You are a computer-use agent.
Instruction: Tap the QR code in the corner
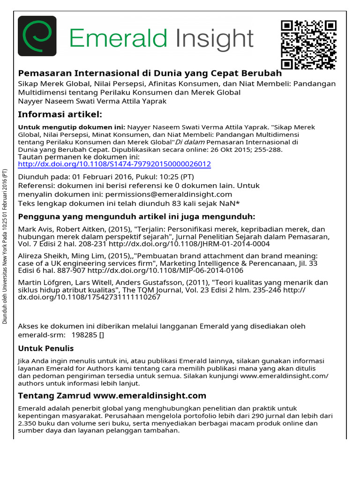(x=308, y=45)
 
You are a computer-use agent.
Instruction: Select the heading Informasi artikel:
(x=60, y=115)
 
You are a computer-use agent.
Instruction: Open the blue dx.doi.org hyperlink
(x=114, y=165)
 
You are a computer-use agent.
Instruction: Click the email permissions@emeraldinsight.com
(x=169, y=194)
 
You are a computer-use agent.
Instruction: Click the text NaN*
(x=230, y=203)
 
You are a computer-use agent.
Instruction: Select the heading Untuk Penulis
(x=45, y=348)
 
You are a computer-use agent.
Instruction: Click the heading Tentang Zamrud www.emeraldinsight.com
(x=112, y=396)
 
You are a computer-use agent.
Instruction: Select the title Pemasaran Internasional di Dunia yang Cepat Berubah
(x=150, y=74)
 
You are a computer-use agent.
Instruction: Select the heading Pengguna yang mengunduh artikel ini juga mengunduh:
(x=136, y=217)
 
